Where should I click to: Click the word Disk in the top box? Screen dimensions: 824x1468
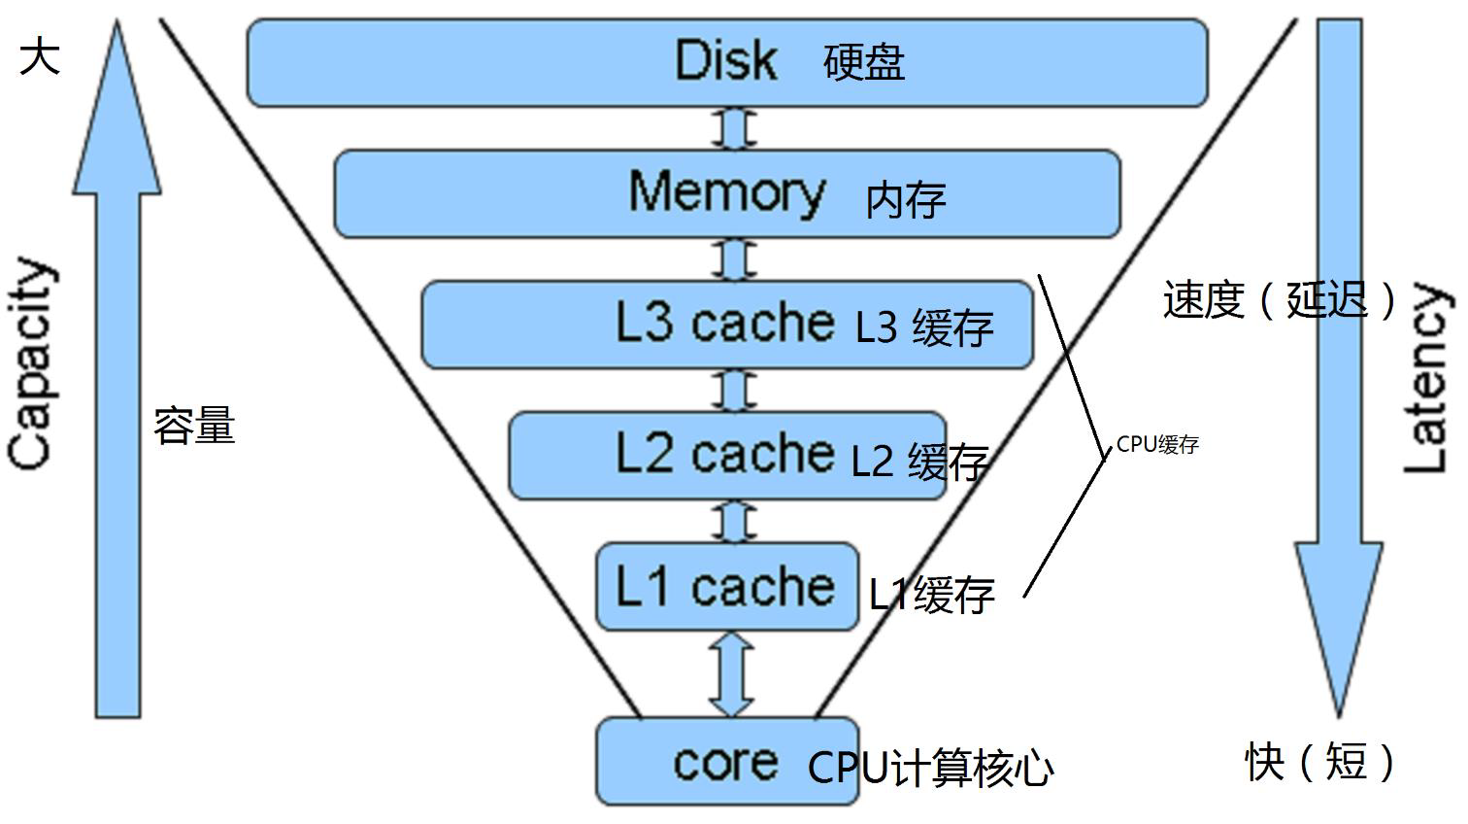pos(726,60)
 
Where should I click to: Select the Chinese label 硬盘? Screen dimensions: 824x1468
pos(864,63)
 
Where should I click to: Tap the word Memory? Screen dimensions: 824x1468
pos(726,191)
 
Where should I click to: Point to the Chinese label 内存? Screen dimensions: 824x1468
pos(905,200)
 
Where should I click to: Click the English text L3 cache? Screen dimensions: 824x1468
pos(724,323)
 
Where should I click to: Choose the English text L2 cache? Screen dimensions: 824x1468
pos(724,454)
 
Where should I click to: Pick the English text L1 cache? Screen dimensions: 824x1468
pos(724,587)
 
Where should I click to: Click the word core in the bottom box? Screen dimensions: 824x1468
pos(725,763)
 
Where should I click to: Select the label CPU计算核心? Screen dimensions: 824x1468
pos(930,768)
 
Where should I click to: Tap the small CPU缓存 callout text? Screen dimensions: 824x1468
pos(1157,445)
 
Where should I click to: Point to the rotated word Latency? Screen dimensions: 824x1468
pos(1426,379)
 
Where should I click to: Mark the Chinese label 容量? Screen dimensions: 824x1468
pos(194,427)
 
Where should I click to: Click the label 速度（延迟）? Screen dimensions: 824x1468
pos(1281,299)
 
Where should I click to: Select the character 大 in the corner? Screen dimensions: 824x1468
pos(40,55)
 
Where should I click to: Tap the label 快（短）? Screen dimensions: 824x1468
pos(1320,761)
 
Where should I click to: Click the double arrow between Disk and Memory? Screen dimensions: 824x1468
pos(734,128)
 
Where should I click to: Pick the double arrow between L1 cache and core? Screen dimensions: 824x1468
pos(731,674)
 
